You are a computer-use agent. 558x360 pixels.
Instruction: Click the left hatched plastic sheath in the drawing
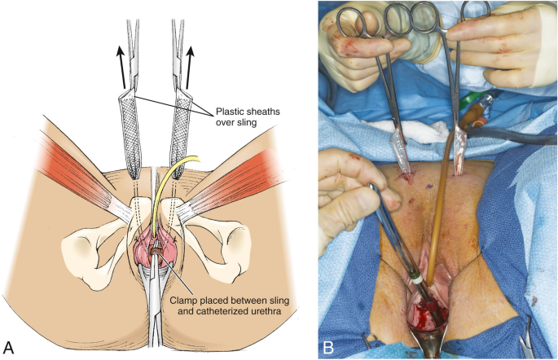coord(133,134)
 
